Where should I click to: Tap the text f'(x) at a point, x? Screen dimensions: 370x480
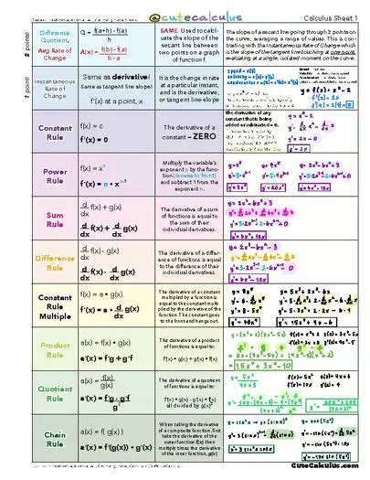coord(110,100)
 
